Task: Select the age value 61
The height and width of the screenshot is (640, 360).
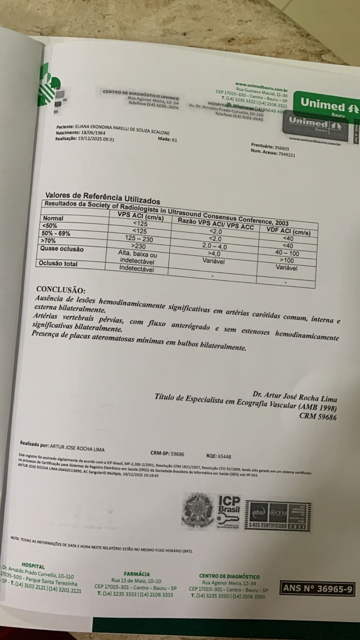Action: (x=174, y=140)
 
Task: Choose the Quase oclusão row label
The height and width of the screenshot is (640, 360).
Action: (x=62, y=249)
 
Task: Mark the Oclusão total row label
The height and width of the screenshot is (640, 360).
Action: (x=59, y=264)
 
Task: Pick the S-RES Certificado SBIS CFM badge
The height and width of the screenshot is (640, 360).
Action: (x=279, y=516)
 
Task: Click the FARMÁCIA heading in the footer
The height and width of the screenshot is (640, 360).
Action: (x=137, y=574)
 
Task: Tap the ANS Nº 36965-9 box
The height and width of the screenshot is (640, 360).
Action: (x=318, y=587)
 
